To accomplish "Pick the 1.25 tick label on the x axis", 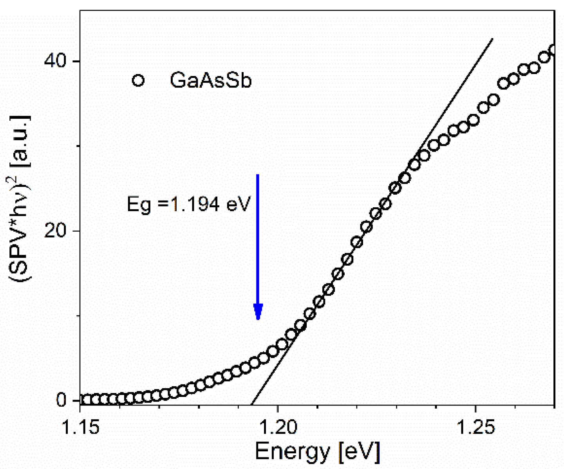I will pyautogui.click(x=475, y=427).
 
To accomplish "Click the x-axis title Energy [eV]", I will pyautogui.click(x=317, y=451).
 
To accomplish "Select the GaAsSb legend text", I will pyautogui.click(x=210, y=81).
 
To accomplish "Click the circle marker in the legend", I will pyautogui.click(x=138, y=81).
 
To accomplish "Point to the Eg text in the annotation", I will pyautogui.click(x=139, y=205).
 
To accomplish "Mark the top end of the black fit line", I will pyautogui.click(x=492, y=39).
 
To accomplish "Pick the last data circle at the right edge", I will pyautogui.click(x=553, y=50).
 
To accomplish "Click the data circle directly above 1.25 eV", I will pyautogui.click(x=474, y=120).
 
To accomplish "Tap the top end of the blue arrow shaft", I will pyautogui.click(x=258, y=175).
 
